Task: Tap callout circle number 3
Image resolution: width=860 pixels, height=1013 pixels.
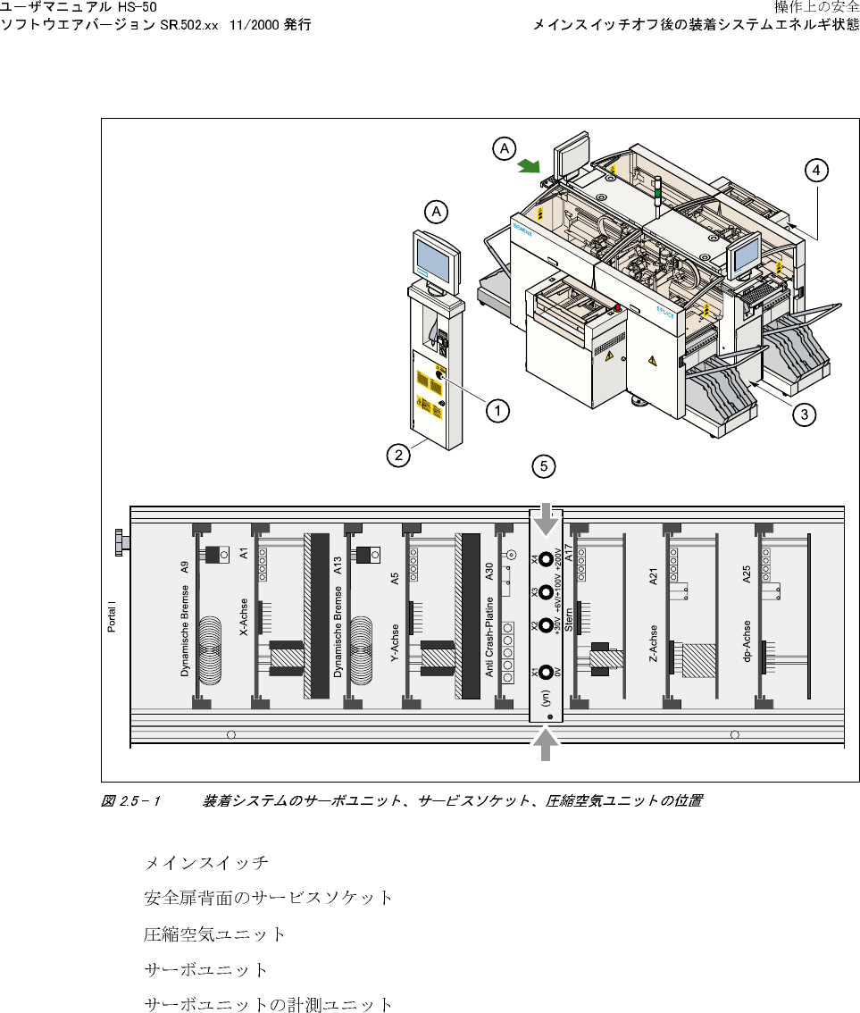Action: (805, 414)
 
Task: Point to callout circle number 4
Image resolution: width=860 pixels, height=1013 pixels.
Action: (815, 170)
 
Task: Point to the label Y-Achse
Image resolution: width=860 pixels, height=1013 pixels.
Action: (395, 648)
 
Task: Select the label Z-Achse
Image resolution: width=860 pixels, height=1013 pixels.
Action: (654, 644)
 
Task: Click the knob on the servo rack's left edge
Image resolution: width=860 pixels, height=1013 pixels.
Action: (119, 542)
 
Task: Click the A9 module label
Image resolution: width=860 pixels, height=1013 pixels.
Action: (184, 567)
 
